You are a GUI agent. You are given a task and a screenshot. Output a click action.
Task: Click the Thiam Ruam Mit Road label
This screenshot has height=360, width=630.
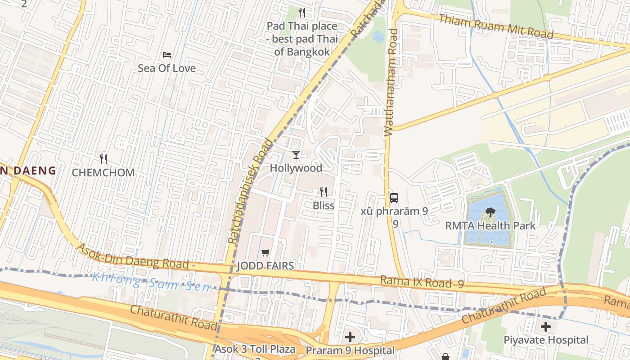495,27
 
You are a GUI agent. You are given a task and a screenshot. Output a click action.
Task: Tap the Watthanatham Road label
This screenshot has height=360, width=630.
391,83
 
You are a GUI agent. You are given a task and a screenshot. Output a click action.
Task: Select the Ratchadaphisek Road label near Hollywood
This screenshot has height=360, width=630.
252,191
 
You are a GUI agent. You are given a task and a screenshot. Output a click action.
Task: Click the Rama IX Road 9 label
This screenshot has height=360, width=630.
422,282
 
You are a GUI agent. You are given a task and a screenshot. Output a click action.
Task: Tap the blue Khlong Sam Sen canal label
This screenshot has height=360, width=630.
151,282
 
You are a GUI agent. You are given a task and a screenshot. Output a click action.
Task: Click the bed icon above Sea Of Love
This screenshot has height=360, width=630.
166,55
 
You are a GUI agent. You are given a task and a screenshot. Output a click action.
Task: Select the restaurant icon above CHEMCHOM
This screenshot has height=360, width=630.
103,159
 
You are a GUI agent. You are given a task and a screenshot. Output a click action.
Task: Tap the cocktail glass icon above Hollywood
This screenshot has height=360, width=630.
296,155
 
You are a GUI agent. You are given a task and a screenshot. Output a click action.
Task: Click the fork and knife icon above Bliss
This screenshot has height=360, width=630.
323,192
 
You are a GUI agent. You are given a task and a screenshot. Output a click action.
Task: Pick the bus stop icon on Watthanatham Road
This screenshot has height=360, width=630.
394,198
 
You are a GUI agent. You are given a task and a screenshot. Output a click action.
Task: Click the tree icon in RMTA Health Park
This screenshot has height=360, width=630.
490,212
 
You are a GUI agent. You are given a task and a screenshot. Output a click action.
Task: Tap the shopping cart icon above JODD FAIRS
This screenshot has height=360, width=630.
265,253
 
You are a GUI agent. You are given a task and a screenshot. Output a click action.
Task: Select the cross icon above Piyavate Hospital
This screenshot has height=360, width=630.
545,327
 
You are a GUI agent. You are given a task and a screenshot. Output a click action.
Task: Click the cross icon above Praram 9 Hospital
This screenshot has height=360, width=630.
350,337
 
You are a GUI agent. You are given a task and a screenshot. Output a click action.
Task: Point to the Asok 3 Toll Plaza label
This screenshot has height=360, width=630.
255,349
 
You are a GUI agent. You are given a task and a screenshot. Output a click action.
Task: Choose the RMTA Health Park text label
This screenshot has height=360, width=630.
490,225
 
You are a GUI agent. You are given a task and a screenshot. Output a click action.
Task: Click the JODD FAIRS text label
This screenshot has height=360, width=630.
265,266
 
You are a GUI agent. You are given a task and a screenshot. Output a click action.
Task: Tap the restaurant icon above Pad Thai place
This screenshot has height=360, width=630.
302,12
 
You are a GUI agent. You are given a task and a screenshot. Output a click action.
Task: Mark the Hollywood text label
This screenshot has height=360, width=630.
296,168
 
